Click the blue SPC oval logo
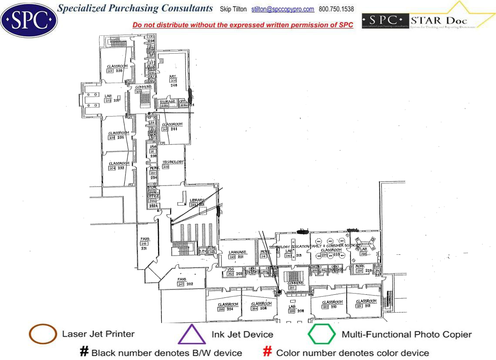click(x=29, y=20)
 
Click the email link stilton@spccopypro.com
click(x=283, y=9)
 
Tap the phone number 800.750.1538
click(x=336, y=9)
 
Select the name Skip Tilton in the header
click(x=233, y=9)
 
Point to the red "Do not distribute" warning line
click(x=243, y=25)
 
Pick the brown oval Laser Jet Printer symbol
click(x=43, y=334)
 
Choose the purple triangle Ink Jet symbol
click(x=192, y=334)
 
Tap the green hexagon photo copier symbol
click(x=322, y=334)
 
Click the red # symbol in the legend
click(x=268, y=352)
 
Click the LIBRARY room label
click(x=197, y=200)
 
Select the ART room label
click(x=173, y=76)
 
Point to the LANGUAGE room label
click(x=238, y=252)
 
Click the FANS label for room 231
click(x=145, y=239)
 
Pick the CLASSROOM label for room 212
click(x=366, y=301)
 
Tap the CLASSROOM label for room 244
click(x=172, y=124)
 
